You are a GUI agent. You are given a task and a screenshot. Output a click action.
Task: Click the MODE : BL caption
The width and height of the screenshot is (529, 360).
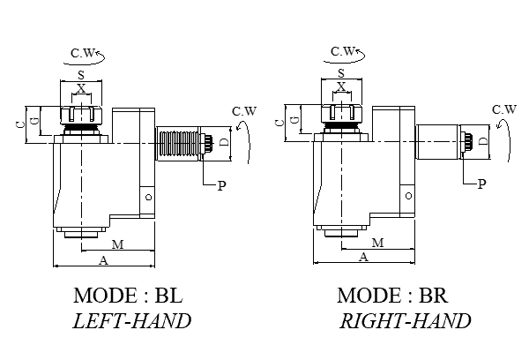[x=132, y=295]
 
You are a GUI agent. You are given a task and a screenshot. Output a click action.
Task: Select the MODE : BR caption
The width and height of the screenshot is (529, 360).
[x=394, y=295]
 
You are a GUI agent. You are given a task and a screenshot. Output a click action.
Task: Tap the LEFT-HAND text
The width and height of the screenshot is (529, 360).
[x=132, y=320]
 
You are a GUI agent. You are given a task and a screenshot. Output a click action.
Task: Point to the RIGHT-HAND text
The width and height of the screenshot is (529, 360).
[x=406, y=320]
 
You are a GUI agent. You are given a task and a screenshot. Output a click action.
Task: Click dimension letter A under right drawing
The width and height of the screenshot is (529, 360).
[x=364, y=257]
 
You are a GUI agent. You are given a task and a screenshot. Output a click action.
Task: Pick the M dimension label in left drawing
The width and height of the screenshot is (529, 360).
[x=116, y=243]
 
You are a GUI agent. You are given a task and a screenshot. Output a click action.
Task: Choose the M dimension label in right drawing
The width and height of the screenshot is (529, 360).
[x=377, y=243]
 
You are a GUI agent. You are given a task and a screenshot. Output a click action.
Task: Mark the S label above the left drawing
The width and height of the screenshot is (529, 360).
[x=81, y=77]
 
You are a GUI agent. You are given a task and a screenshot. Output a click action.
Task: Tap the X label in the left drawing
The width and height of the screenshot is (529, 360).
[x=81, y=89]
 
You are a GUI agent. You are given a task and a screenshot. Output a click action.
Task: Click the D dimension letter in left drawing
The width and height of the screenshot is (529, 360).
[x=224, y=142]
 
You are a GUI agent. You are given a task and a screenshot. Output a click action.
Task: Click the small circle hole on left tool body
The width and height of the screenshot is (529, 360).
[x=148, y=196]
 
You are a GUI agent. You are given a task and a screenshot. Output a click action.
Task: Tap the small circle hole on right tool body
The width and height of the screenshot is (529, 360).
[x=407, y=196]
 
